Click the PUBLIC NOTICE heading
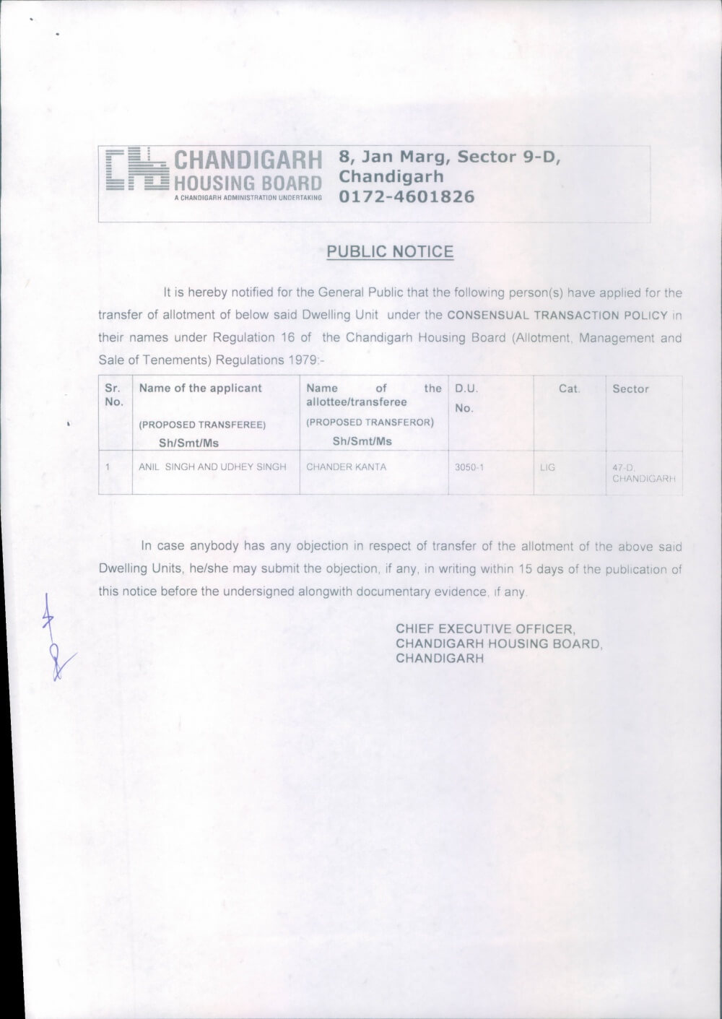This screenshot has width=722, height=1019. click(390, 252)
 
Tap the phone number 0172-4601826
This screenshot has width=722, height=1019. click(406, 196)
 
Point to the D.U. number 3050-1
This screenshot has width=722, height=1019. click(469, 467)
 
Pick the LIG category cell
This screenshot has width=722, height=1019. click(547, 467)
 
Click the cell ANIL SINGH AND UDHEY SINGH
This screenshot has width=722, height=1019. click(212, 467)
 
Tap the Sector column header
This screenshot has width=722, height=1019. click(630, 389)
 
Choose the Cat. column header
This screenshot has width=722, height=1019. click(569, 389)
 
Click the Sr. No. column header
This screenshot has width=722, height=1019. click(113, 395)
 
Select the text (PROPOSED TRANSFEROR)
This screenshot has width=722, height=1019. click(370, 422)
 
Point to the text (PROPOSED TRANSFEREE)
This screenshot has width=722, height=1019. click(202, 425)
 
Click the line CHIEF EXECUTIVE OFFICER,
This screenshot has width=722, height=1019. click(485, 629)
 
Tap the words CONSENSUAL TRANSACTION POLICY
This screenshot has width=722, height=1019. click(557, 316)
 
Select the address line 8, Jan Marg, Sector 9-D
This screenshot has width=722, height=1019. click(450, 157)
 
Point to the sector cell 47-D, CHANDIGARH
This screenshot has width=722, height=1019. click(643, 473)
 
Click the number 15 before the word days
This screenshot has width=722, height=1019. click(525, 569)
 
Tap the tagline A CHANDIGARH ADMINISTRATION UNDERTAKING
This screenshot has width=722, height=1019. click(248, 197)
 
